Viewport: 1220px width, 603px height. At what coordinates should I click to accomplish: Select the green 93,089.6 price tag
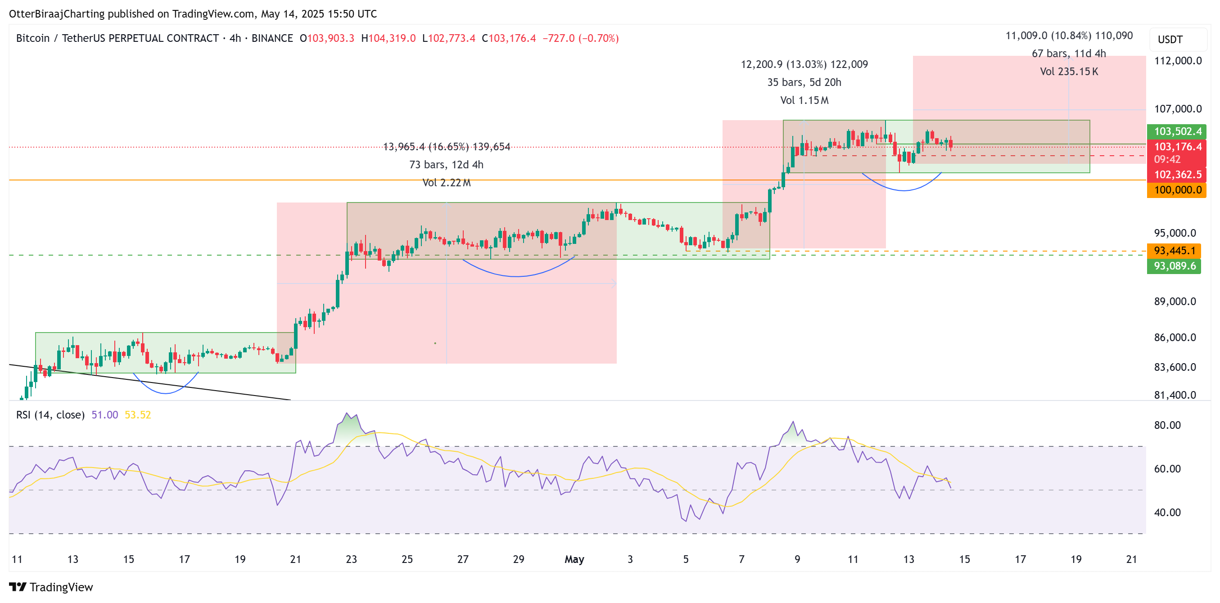(x=1174, y=266)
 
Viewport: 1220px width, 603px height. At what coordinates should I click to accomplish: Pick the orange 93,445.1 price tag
(x=1174, y=250)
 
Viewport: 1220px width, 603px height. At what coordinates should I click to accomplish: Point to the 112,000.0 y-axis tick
(x=1177, y=61)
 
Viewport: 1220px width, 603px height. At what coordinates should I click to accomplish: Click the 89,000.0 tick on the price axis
(x=1175, y=301)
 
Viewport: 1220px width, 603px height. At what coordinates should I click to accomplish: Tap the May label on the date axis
(x=574, y=559)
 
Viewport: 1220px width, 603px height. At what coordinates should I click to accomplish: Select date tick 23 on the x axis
(x=352, y=559)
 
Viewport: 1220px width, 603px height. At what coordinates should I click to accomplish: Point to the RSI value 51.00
(x=104, y=415)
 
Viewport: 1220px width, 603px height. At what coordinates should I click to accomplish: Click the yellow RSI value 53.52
(x=138, y=415)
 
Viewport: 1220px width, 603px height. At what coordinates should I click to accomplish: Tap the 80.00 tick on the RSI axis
(x=1167, y=425)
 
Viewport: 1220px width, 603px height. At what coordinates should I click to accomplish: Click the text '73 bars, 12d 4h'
(x=446, y=165)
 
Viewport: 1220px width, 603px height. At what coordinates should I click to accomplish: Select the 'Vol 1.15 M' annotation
(x=804, y=100)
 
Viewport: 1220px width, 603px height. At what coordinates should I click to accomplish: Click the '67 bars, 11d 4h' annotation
(x=1068, y=54)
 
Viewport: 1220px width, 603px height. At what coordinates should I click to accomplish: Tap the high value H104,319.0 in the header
(x=389, y=38)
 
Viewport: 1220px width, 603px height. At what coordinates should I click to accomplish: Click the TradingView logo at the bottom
(x=51, y=587)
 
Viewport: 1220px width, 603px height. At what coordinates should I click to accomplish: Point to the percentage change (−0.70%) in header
(x=599, y=38)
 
